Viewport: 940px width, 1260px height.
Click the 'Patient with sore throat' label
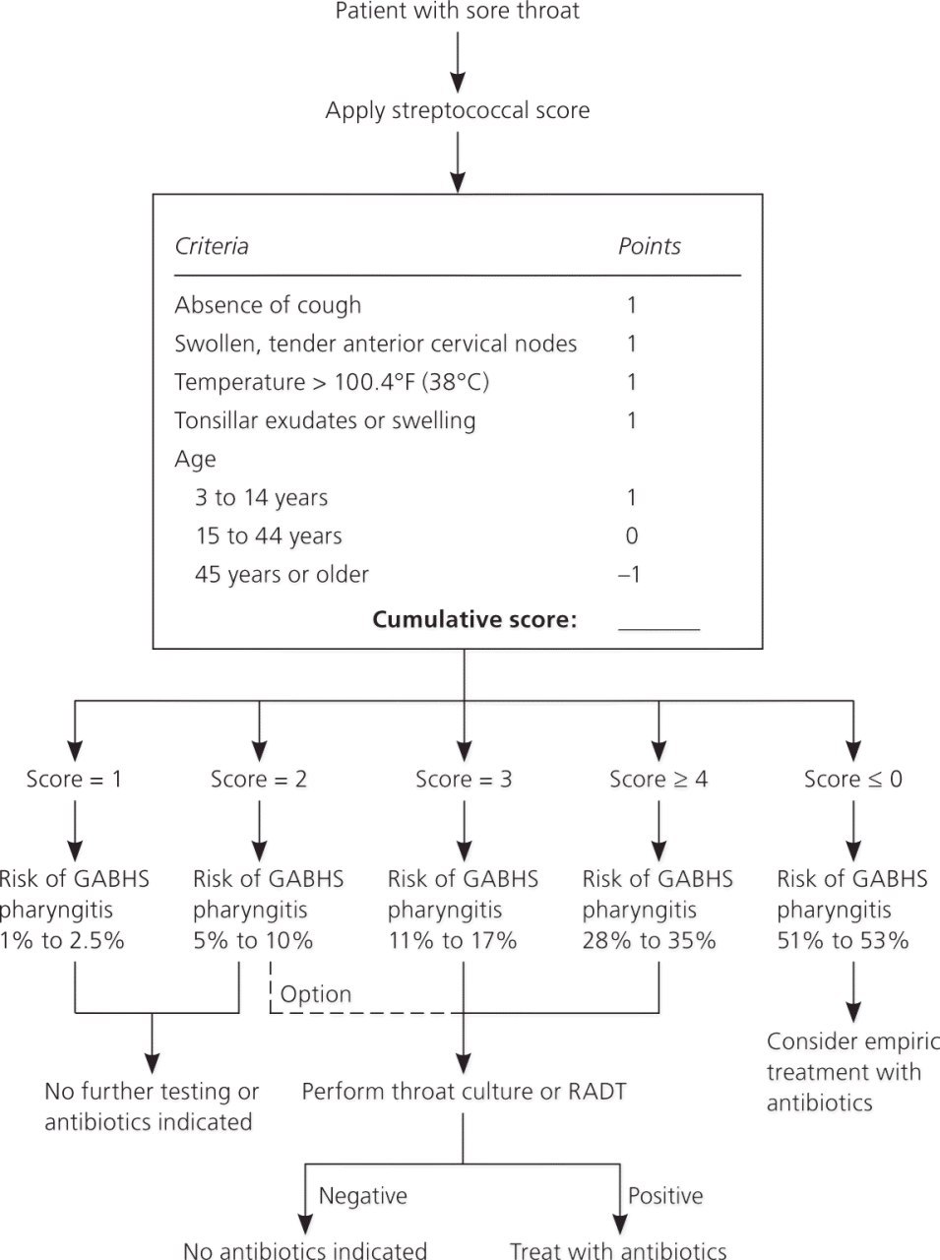[458, 11]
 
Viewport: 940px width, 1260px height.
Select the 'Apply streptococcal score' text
[458, 110]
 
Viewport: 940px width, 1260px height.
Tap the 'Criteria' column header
[212, 246]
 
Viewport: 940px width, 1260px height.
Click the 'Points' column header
[649, 246]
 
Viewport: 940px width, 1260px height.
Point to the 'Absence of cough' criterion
[268, 305]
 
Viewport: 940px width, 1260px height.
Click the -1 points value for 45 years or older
[630, 574]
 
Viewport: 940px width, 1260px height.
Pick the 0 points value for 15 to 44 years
[631, 535]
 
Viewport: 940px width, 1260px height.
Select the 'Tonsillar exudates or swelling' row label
[325, 420]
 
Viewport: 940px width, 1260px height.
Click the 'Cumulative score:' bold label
[474, 619]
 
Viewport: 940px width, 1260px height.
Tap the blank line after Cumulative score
[658, 630]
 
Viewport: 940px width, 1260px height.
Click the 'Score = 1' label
[74, 779]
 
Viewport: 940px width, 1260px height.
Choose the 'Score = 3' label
[464, 779]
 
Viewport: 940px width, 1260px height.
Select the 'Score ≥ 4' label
[658, 779]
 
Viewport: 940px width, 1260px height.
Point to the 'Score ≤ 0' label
[852, 779]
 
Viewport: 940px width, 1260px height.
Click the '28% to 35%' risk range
[649, 940]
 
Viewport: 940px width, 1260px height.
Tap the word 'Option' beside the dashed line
[316, 993]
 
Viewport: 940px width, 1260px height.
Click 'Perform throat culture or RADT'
[464, 1092]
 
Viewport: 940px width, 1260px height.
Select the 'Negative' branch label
[362, 1196]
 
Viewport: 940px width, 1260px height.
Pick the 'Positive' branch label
[665, 1196]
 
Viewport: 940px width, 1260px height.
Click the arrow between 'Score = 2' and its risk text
[260, 831]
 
